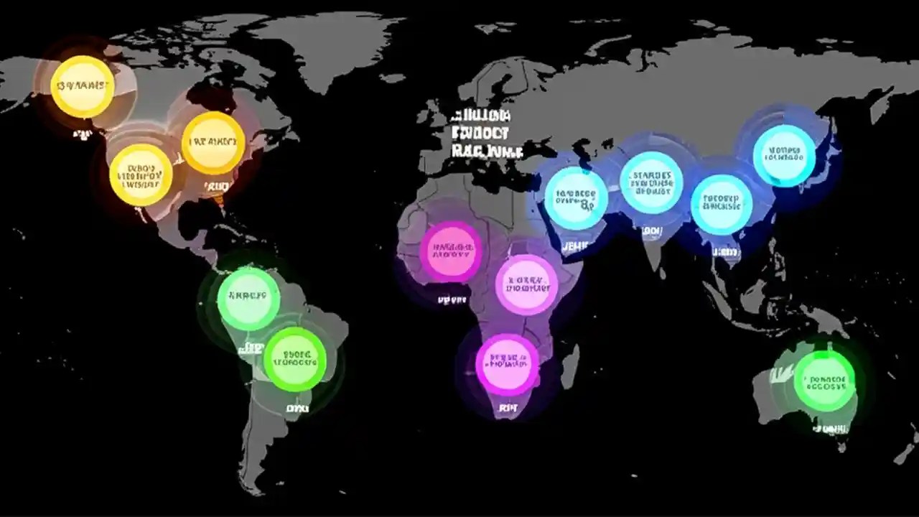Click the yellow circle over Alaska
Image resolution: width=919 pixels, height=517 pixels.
(x=83, y=87)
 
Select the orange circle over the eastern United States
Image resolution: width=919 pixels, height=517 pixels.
(x=213, y=142)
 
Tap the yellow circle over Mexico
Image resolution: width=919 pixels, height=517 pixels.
(x=141, y=174)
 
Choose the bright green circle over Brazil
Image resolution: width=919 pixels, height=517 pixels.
(x=295, y=359)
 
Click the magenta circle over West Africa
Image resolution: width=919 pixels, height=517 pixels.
(x=451, y=251)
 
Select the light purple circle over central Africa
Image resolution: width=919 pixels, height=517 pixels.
(x=527, y=284)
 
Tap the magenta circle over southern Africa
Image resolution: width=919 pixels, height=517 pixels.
(x=507, y=363)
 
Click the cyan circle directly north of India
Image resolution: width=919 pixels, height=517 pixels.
(x=651, y=182)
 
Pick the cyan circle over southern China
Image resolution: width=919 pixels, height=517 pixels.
(x=722, y=204)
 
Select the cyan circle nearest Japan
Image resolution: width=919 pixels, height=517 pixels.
(x=784, y=156)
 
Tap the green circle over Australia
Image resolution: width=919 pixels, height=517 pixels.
(x=824, y=381)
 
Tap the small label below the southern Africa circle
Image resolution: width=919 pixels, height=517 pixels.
(x=507, y=407)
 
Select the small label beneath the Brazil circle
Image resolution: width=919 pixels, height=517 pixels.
(x=297, y=408)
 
